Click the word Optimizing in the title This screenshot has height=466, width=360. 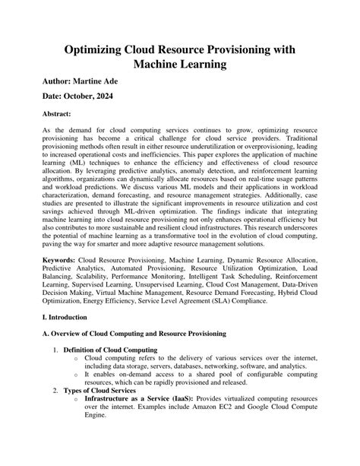point(103,51)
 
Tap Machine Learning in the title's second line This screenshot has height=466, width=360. point(179,68)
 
